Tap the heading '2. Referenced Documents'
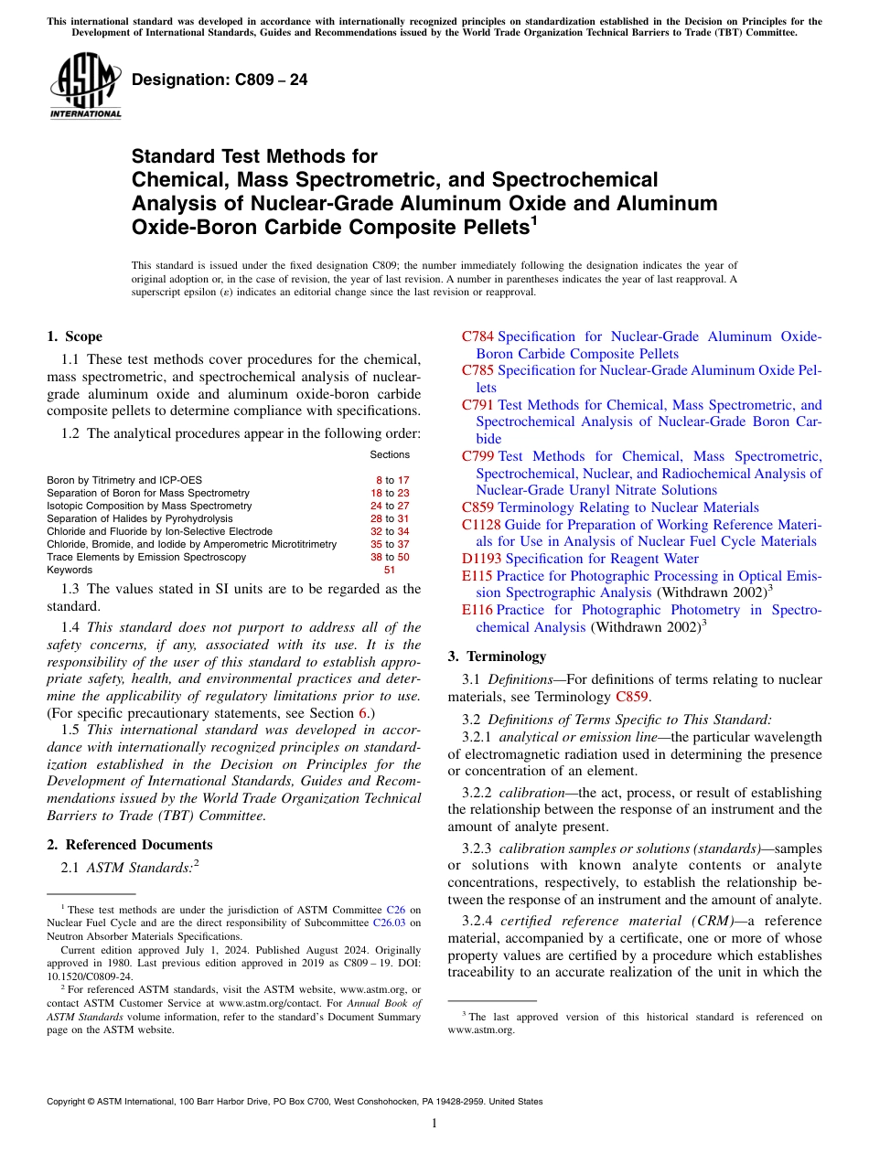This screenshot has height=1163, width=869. (129, 845)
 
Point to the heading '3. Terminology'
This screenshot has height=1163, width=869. (497, 656)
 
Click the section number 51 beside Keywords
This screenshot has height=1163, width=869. (390, 570)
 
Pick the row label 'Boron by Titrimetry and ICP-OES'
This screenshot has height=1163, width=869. (124, 480)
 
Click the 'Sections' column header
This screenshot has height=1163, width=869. (390, 454)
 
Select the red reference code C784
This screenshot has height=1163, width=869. (477, 336)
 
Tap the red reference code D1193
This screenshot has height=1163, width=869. (481, 559)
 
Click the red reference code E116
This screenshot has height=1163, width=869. (477, 610)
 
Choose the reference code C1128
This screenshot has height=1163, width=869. (481, 525)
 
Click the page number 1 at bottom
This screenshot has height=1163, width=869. (434, 1124)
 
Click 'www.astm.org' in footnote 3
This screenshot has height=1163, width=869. (481, 1030)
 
